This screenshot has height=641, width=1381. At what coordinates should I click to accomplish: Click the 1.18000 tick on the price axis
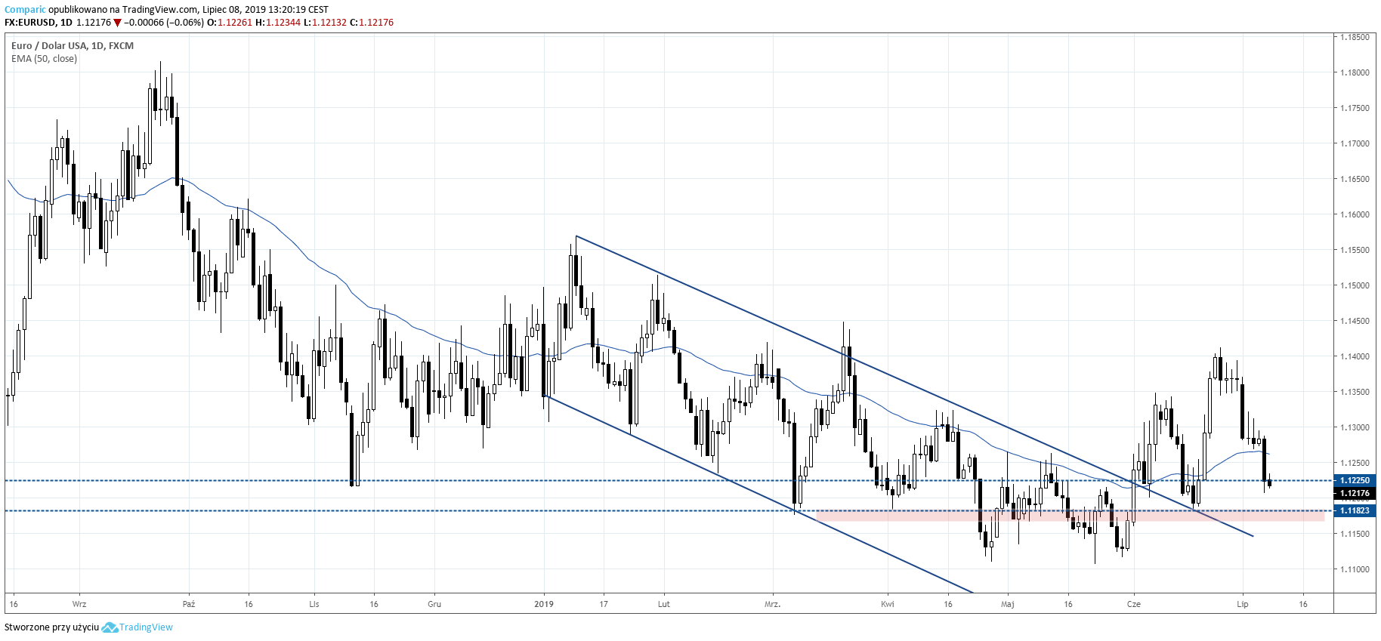[x=1354, y=72]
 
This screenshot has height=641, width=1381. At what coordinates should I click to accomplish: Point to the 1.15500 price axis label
[x=1354, y=250]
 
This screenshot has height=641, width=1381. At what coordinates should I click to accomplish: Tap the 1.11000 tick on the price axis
[x=1354, y=569]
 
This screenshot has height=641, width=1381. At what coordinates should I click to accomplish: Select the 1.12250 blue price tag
[x=1354, y=480]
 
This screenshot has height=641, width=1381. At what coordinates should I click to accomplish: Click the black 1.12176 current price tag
[x=1354, y=494]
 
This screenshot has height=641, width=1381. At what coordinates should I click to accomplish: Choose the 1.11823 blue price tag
[x=1354, y=511]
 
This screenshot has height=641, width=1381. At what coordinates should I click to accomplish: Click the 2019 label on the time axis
[x=544, y=604]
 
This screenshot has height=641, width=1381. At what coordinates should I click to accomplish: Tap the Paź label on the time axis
[x=189, y=604]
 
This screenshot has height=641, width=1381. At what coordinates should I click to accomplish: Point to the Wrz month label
[x=79, y=604]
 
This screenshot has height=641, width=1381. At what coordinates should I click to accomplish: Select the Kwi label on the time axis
[x=888, y=604]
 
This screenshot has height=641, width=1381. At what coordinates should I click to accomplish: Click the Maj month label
[x=1007, y=604]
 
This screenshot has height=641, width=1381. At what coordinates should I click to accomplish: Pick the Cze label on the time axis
[x=1133, y=604]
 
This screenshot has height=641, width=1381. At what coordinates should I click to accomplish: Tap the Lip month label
[x=1243, y=604]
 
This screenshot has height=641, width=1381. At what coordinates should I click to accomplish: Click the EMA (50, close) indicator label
[x=44, y=59]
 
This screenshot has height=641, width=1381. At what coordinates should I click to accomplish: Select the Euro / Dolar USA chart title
[x=73, y=46]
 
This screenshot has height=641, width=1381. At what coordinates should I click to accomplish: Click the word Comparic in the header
[x=25, y=10]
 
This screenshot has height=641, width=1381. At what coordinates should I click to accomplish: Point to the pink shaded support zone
[x=1058, y=516]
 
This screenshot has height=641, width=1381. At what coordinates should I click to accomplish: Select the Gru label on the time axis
[x=434, y=604]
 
